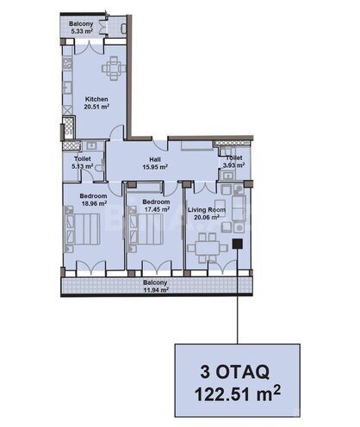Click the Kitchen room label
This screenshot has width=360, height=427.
(x=96, y=99)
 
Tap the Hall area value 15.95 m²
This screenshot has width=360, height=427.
(x=155, y=167)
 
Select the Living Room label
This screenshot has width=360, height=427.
(x=207, y=210)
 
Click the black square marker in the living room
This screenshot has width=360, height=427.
(x=238, y=244)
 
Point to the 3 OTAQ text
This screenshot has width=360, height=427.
(x=235, y=372)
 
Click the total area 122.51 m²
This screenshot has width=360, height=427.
(x=238, y=393)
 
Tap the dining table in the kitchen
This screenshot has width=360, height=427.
(x=114, y=68)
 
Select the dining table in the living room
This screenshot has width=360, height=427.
(x=208, y=248)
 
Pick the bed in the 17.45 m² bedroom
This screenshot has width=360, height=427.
(x=146, y=229)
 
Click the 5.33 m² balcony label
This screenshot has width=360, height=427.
(x=81, y=28)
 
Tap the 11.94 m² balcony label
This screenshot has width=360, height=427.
(x=155, y=286)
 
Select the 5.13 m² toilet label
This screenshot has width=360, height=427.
(x=83, y=162)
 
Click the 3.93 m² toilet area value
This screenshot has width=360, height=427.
(x=234, y=165)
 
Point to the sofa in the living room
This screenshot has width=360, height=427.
(x=239, y=208)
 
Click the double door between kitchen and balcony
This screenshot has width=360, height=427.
(x=89, y=47)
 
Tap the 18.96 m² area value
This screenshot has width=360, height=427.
(x=95, y=203)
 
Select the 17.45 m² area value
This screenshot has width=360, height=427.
(x=157, y=209)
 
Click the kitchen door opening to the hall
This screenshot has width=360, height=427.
(x=118, y=133)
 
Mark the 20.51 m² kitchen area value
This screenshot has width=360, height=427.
(x=96, y=107)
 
